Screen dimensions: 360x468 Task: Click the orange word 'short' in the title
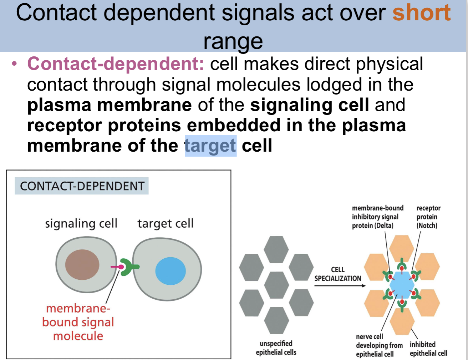(x=421, y=12)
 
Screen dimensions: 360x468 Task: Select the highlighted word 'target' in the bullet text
(x=210, y=146)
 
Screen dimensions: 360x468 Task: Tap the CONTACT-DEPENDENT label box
(x=82, y=186)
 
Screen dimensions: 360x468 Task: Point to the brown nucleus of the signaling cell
(x=82, y=264)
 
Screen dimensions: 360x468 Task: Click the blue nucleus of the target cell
(x=171, y=271)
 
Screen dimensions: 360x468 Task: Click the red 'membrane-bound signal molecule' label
(x=78, y=322)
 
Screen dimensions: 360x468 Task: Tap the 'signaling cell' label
(x=81, y=223)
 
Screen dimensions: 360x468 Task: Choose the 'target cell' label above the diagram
(x=166, y=223)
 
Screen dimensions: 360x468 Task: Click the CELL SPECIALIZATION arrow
(x=340, y=285)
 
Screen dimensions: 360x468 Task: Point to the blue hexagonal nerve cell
(x=402, y=285)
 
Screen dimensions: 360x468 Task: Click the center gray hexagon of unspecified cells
(x=276, y=285)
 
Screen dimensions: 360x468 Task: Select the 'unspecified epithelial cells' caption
(x=276, y=348)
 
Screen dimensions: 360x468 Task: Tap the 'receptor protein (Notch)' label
(x=428, y=217)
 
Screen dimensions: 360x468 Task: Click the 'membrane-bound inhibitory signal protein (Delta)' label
(x=377, y=217)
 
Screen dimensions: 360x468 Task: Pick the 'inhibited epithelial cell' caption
(x=428, y=349)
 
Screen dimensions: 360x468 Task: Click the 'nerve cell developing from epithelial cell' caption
(x=379, y=345)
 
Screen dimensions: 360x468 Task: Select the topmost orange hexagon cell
(x=402, y=248)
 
